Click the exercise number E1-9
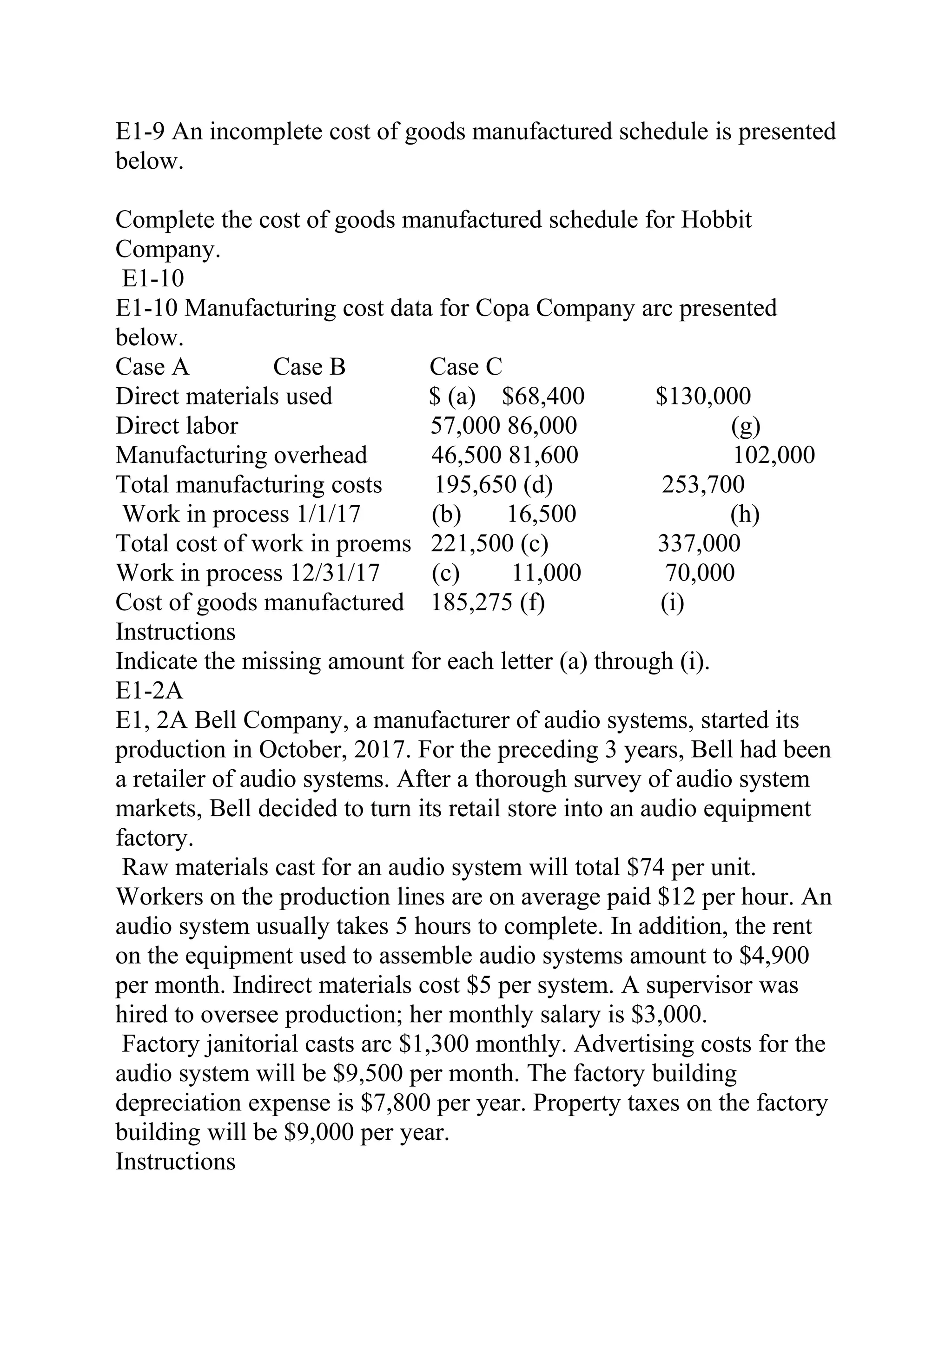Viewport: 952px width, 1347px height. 139,132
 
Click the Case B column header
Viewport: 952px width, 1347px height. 309,367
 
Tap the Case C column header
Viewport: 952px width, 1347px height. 466,367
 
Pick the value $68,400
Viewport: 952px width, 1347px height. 543,396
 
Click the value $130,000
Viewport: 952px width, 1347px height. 703,396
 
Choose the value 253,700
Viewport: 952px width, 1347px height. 703,485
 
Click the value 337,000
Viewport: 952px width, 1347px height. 699,544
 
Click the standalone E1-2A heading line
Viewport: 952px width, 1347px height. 150,691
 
